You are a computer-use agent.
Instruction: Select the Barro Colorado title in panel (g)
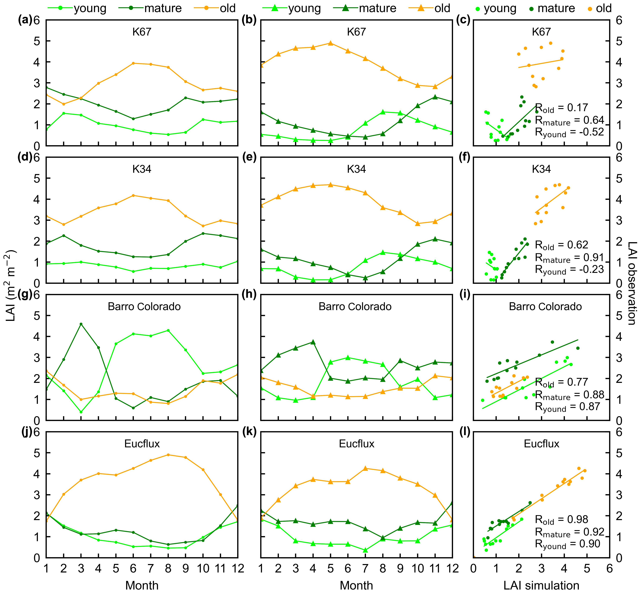click(x=144, y=306)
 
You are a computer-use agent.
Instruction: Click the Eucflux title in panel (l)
click(x=541, y=444)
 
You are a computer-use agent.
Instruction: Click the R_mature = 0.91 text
click(x=569, y=257)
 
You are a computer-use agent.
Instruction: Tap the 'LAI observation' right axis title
click(x=631, y=283)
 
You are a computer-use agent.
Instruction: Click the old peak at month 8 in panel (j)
click(x=168, y=455)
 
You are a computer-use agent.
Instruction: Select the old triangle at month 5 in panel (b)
click(x=330, y=43)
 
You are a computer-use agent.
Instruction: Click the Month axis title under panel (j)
click(x=142, y=585)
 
